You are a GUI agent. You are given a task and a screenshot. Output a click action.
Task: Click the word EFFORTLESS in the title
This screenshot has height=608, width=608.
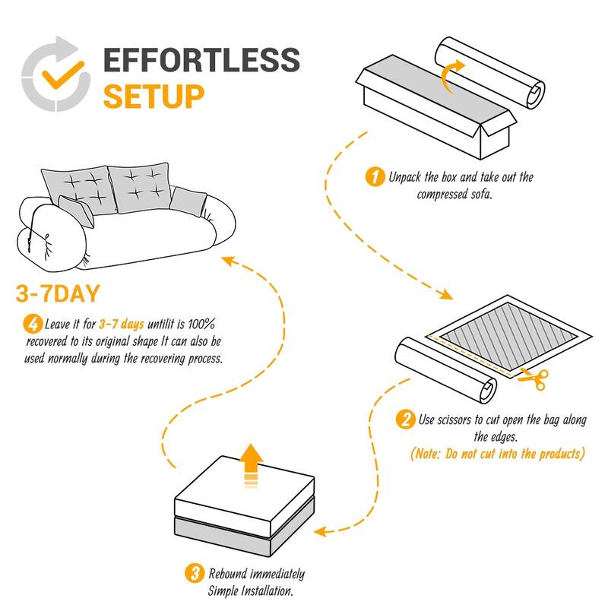(x=201, y=61)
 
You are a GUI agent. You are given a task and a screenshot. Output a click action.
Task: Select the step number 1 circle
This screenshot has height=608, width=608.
(x=373, y=178)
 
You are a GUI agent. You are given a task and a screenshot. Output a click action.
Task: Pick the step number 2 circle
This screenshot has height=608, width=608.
(x=406, y=420)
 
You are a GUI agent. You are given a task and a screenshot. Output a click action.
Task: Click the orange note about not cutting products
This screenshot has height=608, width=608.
(x=498, y=454)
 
